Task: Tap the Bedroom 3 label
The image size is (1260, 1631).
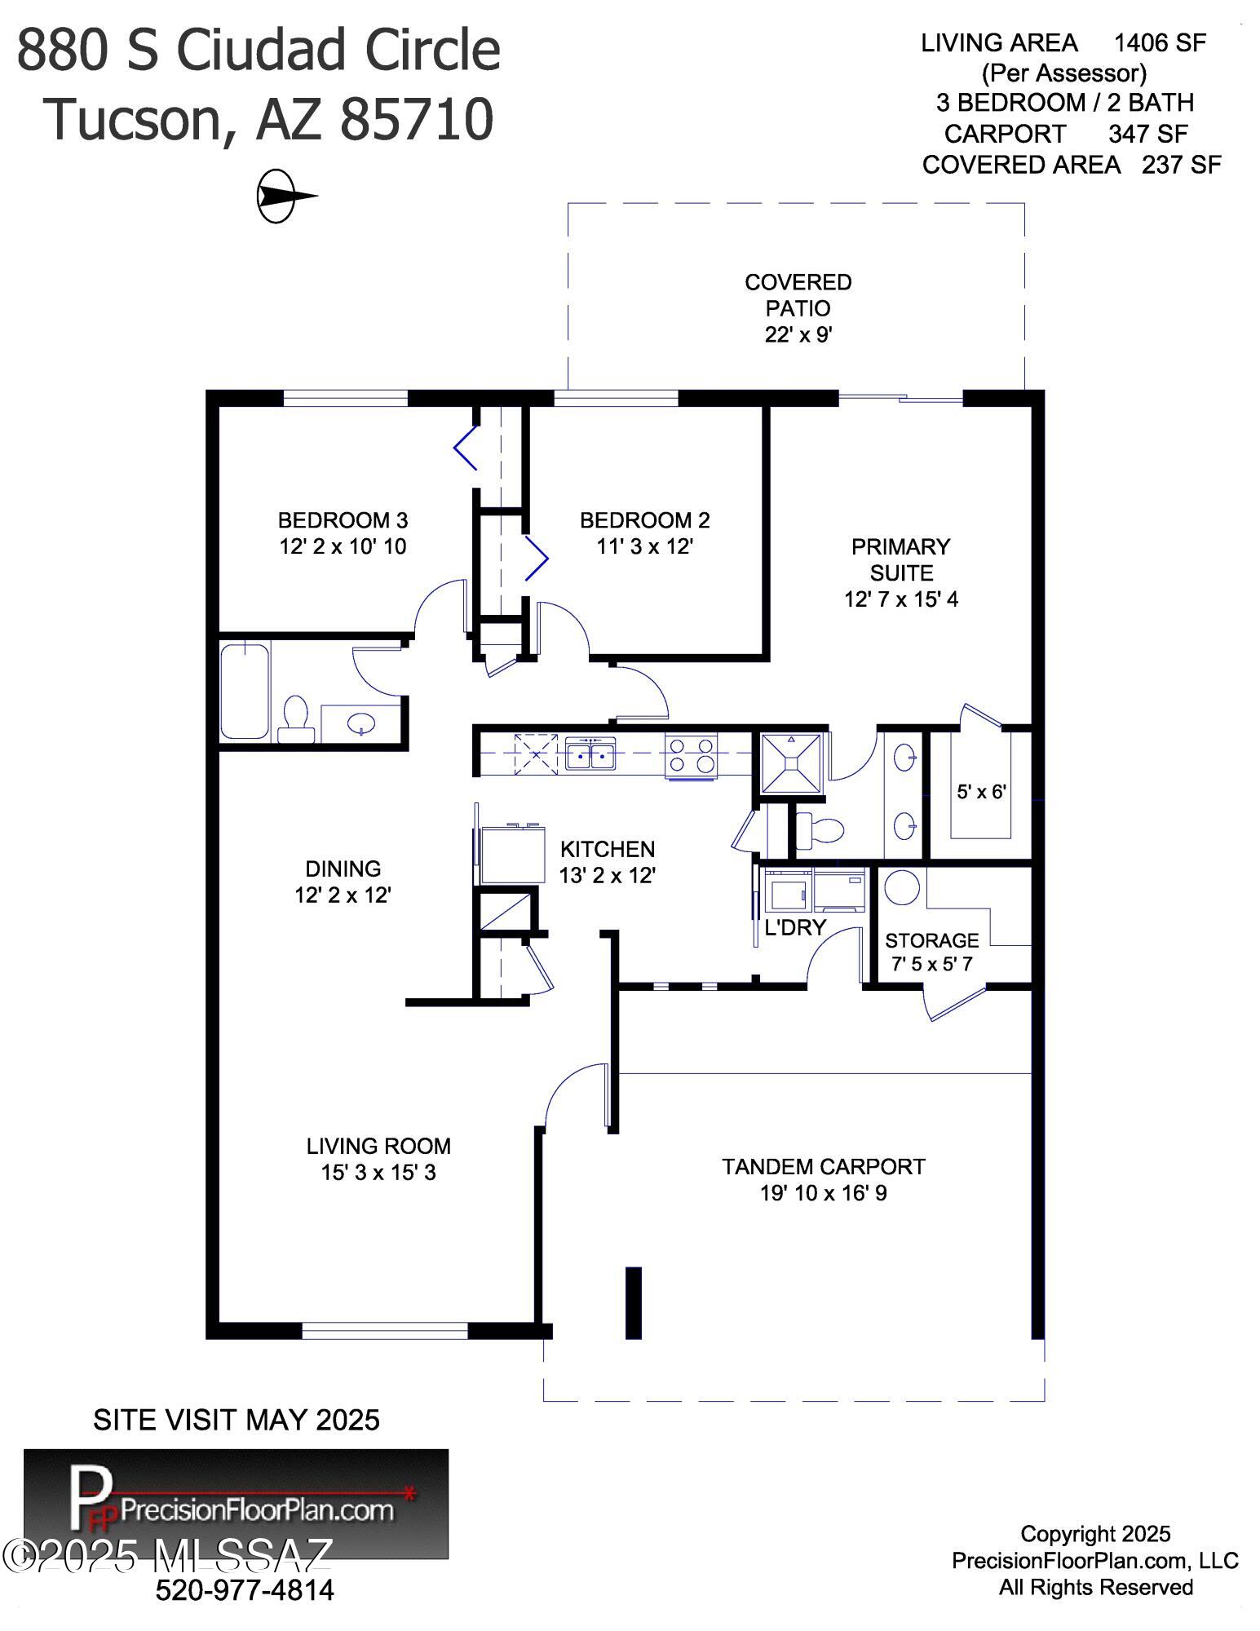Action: tap(343, 520)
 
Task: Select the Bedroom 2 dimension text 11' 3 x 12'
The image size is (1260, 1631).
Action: tap(644, 546)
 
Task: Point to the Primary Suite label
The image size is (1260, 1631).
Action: tap(901, 559)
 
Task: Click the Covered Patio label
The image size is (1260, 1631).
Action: tap(798, 295)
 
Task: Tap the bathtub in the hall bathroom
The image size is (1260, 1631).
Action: tap(245, 691)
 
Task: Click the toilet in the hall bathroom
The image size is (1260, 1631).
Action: tap(295, 719)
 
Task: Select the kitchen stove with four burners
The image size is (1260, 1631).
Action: tap(691, 756)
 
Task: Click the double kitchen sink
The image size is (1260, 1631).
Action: tap(590, 754)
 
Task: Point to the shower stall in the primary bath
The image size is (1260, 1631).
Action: tap(790, 762)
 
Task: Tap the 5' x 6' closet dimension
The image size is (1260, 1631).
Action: tap(981, 792)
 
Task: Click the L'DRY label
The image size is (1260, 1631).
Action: tap(796, 927)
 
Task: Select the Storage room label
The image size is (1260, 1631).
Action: tap(932, 940)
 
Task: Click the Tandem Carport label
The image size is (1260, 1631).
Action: tap(824, 1167)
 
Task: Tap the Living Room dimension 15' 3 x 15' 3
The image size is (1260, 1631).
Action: tap(378, 1173)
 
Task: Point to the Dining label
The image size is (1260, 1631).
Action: tap(343, 869)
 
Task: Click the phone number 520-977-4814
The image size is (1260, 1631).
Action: tap(245, 1589)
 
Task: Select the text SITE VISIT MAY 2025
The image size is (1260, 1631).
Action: tap(237, 1420)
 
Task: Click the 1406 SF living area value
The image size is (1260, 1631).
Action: tap(1160, 42)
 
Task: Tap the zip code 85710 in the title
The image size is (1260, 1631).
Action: tap(416, 119)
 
